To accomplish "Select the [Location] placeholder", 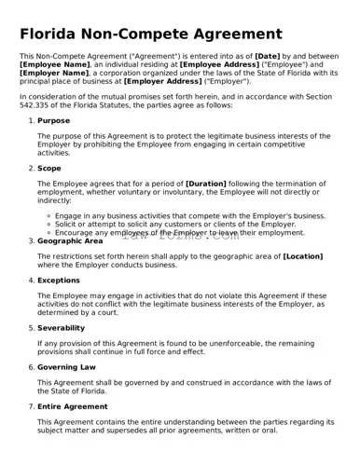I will pyautogui.click(x=303, y=255).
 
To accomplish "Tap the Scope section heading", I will pyautogui.click(x=49, y=168).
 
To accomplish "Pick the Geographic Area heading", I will pyautogui.click(x=70, y=240).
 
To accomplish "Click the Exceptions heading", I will pyautogui.click(x=60, y=279).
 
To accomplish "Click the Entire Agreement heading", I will pyautogui.click(x=72, y=407).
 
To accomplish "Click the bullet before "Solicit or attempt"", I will pyautogui.click(x=48, y=225).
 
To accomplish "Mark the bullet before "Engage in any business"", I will pyautogui.click(x=48, y=215).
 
